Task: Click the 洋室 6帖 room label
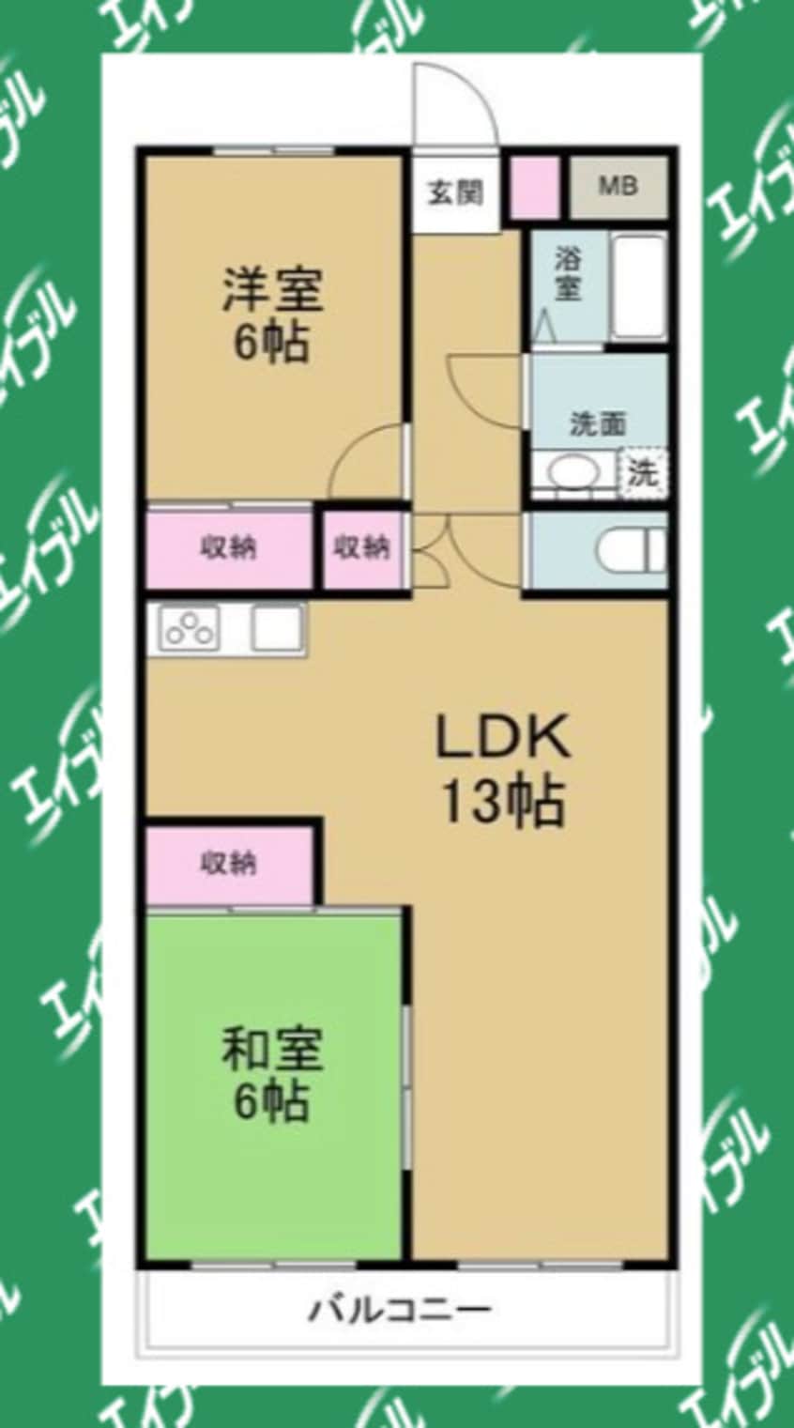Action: (x=272, y=315)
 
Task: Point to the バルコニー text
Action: (x=400, y=1309)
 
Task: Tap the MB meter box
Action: (x=618, y=185)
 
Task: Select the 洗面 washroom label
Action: (x=597, y=424)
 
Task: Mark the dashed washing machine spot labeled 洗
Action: (x=643, y=471)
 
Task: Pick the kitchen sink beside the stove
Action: (x=276, y=627)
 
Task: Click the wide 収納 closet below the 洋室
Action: (x=229, y=548)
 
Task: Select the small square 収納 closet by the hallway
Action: (x=362, y=548)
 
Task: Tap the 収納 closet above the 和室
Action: (x=229, y=862)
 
